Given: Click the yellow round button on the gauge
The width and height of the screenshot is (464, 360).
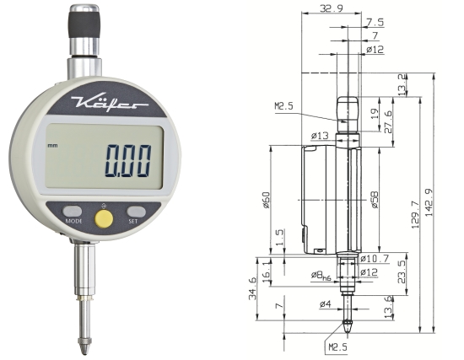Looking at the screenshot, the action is click(104, 219).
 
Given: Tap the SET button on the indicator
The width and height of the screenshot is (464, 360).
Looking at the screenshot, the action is click(136, 212).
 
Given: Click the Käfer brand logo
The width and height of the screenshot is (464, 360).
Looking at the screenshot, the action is click(109, 103).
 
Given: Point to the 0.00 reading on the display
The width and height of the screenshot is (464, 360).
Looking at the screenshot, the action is click(128, 161).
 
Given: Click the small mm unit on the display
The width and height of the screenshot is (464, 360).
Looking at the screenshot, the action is click(52, 146).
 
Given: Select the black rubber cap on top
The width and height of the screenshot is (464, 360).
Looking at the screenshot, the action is click(84, 24).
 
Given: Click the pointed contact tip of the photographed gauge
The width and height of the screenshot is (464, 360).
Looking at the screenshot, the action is click(84, 347).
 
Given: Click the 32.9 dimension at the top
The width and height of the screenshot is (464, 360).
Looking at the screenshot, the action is click(332, 8).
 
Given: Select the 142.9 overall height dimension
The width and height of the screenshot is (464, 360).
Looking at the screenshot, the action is click(429, 202).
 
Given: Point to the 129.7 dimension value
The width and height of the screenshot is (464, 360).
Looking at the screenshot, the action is click(415, 214).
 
